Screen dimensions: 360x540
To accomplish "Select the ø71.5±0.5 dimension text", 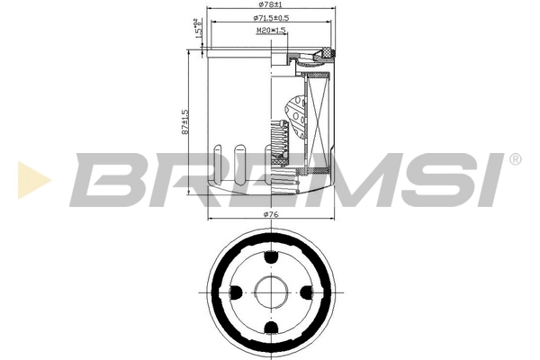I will (x=271, y=17).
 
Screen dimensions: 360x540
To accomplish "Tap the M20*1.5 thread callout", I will (x=271, y=30).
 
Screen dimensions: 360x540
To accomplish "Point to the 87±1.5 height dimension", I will (x=185, y=121).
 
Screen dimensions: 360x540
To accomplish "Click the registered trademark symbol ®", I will (x=515, y=159).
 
